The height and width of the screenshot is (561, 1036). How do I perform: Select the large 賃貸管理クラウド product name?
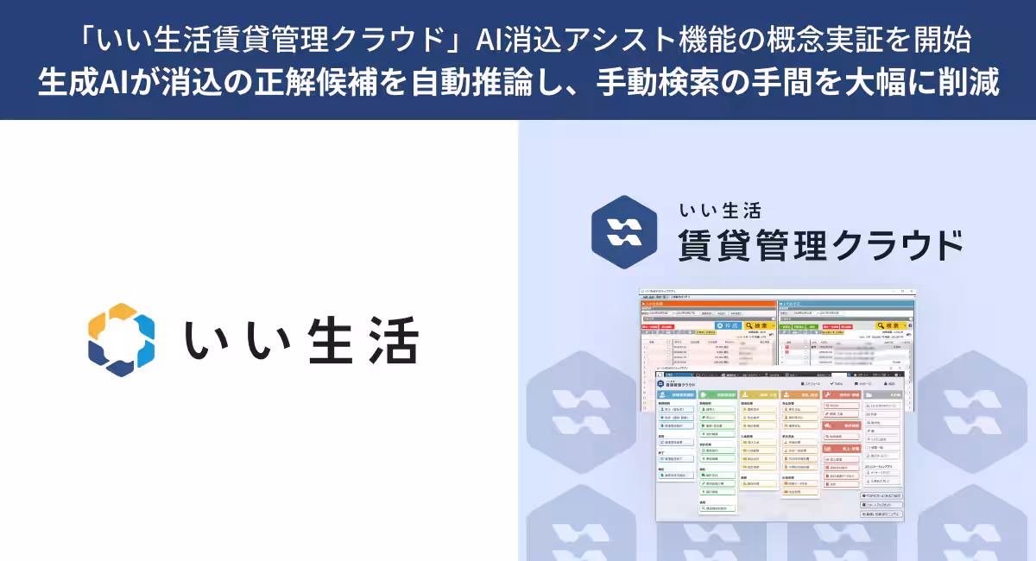click(820, 244)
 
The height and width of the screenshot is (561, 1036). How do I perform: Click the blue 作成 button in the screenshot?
click(729, 326)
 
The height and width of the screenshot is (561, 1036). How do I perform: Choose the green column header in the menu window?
click(717, 394)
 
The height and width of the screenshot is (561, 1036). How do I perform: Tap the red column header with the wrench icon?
click(842, 394)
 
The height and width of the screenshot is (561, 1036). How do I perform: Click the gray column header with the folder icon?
click(882, 394)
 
